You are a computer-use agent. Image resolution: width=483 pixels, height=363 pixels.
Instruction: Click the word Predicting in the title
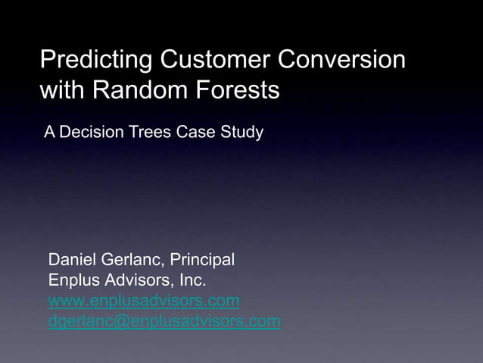tap(90, 60)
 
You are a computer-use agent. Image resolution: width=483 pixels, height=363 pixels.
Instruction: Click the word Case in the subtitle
tap(193, 133)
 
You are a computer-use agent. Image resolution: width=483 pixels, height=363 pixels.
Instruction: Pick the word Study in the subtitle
tap(241, 133)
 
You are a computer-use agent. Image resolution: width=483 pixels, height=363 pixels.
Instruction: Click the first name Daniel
tap(73, 260)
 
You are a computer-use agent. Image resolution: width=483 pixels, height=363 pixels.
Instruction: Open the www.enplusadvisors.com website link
tap(144, 302)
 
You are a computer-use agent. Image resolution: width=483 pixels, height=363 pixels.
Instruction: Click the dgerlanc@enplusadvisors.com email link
tap(164, 322)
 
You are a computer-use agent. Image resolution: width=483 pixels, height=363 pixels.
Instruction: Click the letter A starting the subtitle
tap(49, 133)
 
